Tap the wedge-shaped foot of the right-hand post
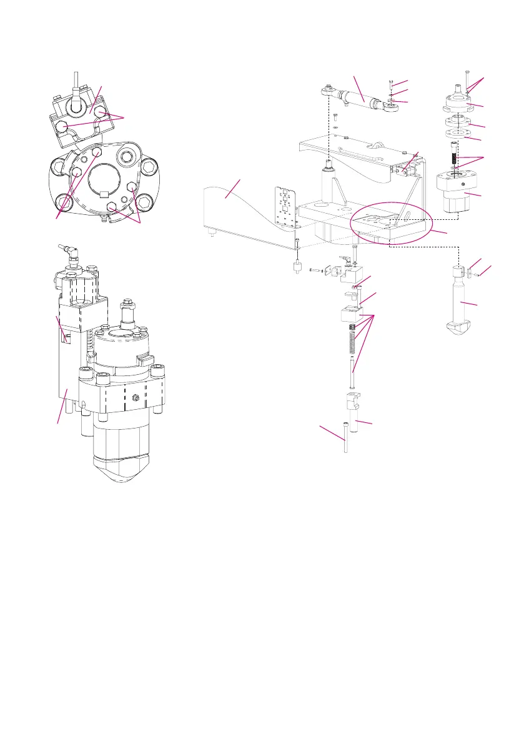(x=463, y=327)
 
